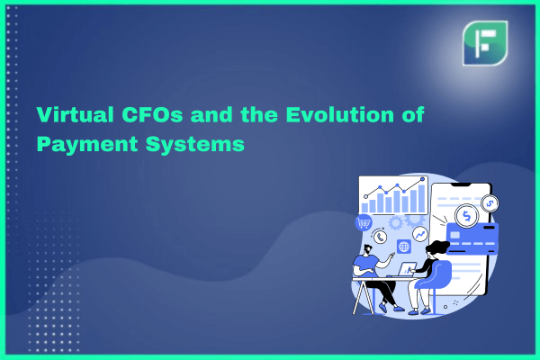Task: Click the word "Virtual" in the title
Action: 75,114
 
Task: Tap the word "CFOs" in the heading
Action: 152,114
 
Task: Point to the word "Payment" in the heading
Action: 87,144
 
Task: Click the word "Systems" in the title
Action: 195,144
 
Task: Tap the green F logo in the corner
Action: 485,43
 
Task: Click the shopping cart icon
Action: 364,223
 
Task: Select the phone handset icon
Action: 380,237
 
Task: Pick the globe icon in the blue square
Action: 403,247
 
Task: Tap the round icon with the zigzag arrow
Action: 420,235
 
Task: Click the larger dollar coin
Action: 466,216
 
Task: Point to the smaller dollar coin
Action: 490,203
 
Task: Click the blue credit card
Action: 472,238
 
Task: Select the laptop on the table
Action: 407,269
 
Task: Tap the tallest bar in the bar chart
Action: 421,199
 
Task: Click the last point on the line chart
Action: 423,179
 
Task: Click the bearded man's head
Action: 367,249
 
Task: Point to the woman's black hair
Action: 437,247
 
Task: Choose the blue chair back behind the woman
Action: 436,274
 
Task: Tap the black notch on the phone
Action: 461,185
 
